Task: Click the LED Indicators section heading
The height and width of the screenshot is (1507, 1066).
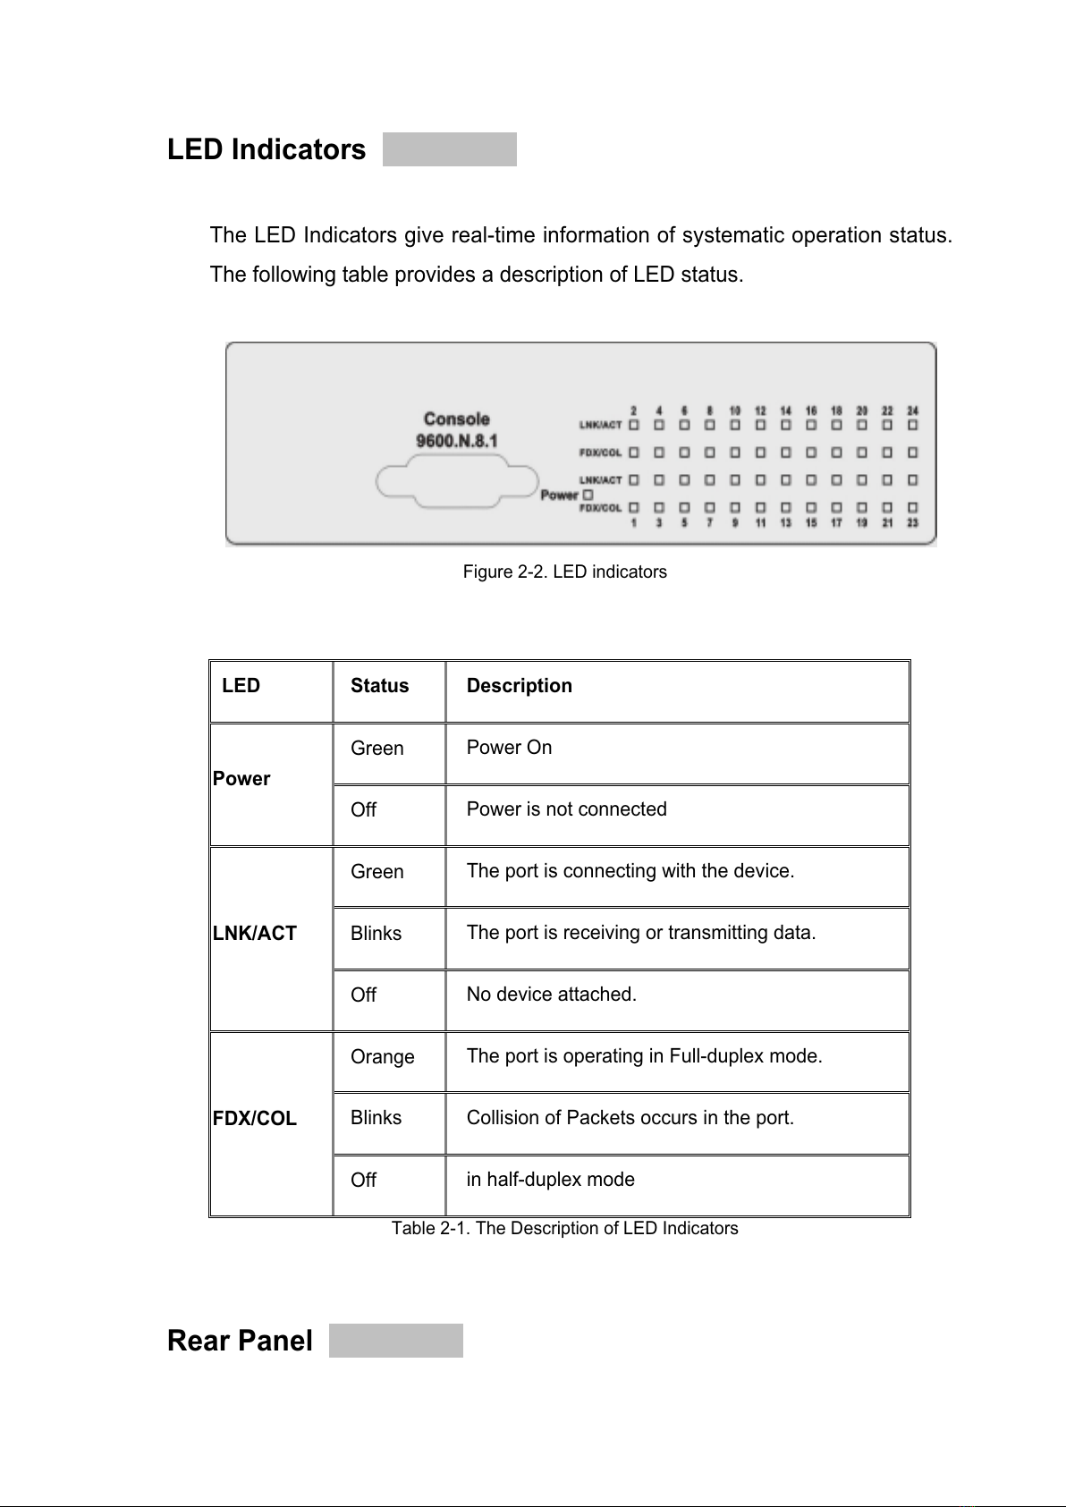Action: click(x=266, y=149)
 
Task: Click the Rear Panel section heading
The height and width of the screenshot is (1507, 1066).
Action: click(x=240, y=1341)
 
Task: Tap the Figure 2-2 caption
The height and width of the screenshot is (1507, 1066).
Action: click(x=564, y=571)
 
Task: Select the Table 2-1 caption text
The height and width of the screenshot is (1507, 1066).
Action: click(x=564, y=1228)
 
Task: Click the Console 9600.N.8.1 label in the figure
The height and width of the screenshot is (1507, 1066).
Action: click(x=456, y=429)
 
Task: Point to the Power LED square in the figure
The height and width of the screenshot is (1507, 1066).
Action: click(x=588, y=494)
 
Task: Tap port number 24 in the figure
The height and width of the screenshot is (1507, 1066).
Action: click(x=913, y=411)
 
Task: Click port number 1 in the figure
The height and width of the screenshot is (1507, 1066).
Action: click(x=634, y=523)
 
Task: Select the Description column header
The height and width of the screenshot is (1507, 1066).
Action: click(x=519, y=686)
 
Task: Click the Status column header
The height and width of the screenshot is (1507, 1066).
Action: click(x=379, y=686)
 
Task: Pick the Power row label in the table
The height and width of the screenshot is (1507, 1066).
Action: click(x=241, y=779)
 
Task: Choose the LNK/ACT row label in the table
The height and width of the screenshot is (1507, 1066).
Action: click(x=255, y=934)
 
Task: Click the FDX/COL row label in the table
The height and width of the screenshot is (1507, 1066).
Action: click(x=255, y=1119)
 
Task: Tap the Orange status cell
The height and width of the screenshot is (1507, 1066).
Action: click(x=382, y=1057)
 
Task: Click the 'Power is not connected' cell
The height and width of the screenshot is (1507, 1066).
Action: click(x=566, y=809)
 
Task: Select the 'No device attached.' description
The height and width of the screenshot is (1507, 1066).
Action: click(x=551, y=995)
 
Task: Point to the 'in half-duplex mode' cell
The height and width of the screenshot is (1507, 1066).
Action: click(x=550, y=1180)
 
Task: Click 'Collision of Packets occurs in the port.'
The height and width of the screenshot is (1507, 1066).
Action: click(x=630, y=1118)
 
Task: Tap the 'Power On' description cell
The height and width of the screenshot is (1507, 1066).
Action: click(x=509, y=748)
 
